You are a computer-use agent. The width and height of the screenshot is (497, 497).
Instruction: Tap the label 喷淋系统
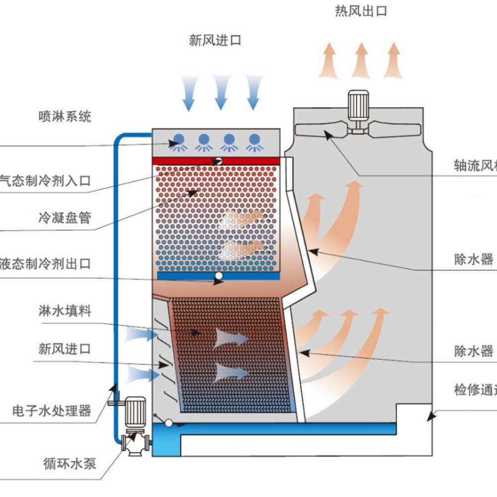(65, 117)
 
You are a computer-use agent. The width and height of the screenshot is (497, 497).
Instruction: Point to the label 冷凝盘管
(65, 218)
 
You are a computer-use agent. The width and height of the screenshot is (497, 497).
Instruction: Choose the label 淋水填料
(65, 312)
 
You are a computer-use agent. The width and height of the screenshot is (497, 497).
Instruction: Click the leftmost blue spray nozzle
(177, 141)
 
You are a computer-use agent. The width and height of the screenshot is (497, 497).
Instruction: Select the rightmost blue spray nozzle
(254, 141)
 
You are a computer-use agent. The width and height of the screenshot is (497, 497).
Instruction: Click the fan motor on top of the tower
(358, 105)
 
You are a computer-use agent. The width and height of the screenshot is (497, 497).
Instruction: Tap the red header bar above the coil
(216, 161)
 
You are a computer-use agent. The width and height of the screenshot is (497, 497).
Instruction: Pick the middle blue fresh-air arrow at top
(221, 92)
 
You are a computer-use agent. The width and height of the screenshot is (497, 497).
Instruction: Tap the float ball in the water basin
(168, 423)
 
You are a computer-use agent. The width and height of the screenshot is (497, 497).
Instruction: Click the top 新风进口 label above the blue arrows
(215, 41)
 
